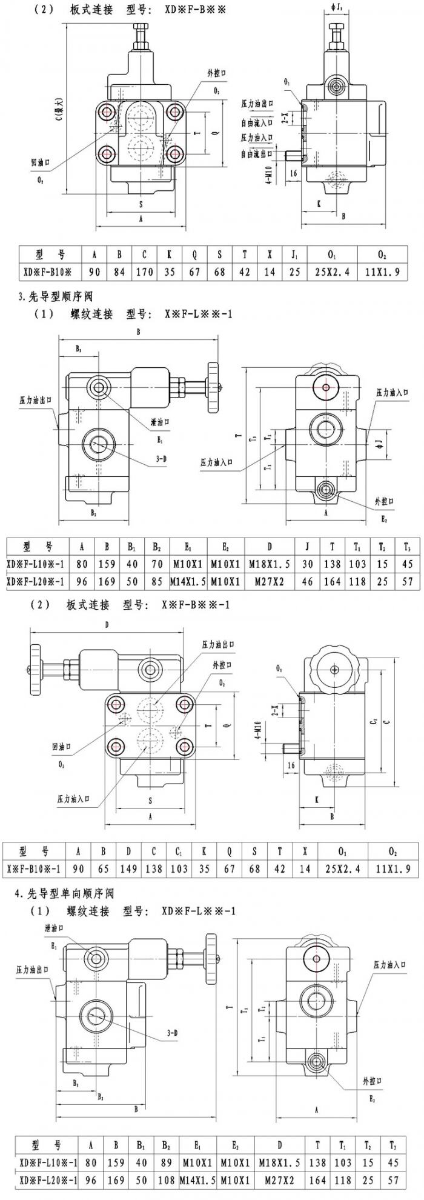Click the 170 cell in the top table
click(x=144, y=272)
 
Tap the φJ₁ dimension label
click(x=339, y=8)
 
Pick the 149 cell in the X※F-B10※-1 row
click(x=128, y=868)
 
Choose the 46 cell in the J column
click(x=307, y=581)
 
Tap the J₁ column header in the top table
click(x=294, y=255)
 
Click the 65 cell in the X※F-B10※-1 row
click(x=104, y=868)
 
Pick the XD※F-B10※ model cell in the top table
click(x=47, y=272)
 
